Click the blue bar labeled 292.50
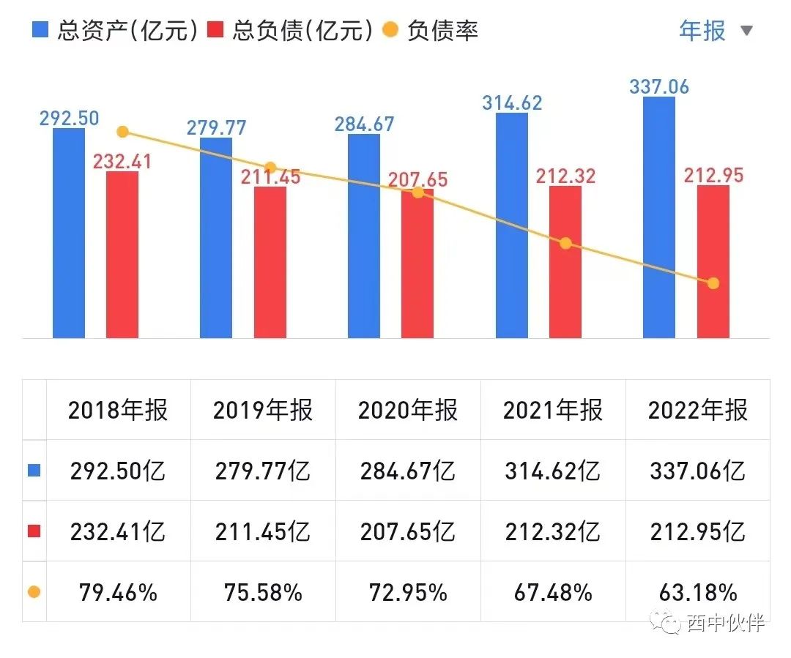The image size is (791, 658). pyautogui.click(x=69, y=233)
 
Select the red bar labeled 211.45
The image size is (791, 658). pyautogui.click(x=270, y=262)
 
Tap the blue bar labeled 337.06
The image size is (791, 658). pyautogui.click(x=659, y=217)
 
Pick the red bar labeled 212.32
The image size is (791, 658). pyautogui.click(x=565, y=262)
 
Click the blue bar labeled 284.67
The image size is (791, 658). pyautogui.click(x=364, y=236)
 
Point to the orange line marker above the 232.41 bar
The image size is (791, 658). pyautogui.click(x=123, y=132)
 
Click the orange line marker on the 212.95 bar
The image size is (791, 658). pyautogui.click(x=713, y=283)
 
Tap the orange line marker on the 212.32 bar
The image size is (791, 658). pyautogui.click(x=565, y=243)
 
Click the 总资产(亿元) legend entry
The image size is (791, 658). pyautogui.click(x=114, y=31)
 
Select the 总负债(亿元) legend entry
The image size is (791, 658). pyautogui.click(x=290, y=31)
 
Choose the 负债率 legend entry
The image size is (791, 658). pyautogui.click(x=432, y=31)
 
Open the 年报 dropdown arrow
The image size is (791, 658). pyautogui.click(x=746, y=31)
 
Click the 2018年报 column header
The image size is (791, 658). pyautogui.click(x=118, y=410)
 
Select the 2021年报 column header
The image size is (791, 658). pyautogui.click(x=553, y=410)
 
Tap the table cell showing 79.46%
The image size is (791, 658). pyautogui.click(x=118, y=591)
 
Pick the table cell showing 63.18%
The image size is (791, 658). pyautogui.click(x=697, y=591)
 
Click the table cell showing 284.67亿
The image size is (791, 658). pyautogui.click(x=408, y=471)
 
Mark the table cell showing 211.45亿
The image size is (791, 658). pyautogui.click(x=263, y=531)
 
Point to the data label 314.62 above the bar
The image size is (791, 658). pyautogui.click(x=512, y=102)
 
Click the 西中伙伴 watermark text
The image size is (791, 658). pyautogui.click(x=725, y=623)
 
